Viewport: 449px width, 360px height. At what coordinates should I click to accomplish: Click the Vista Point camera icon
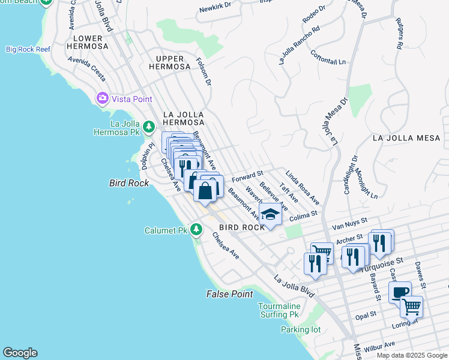point(102,98)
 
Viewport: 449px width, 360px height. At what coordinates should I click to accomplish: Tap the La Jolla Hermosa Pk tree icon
point(149,125)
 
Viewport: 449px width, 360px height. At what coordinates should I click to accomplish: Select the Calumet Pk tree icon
point(196,230)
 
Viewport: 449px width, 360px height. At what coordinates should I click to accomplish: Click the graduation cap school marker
point(271,215)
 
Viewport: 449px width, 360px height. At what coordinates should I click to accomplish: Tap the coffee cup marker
point(400,292)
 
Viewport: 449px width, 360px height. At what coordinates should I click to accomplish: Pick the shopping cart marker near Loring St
point(411,307)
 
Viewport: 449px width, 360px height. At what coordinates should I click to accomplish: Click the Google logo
point(20,353)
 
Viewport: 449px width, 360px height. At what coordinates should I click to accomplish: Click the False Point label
point(229,294)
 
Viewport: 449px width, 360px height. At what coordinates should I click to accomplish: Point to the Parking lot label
point(300,329)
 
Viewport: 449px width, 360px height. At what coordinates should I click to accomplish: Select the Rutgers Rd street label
point(398,33)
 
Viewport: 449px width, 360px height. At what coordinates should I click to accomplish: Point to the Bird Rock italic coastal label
point(130,182)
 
